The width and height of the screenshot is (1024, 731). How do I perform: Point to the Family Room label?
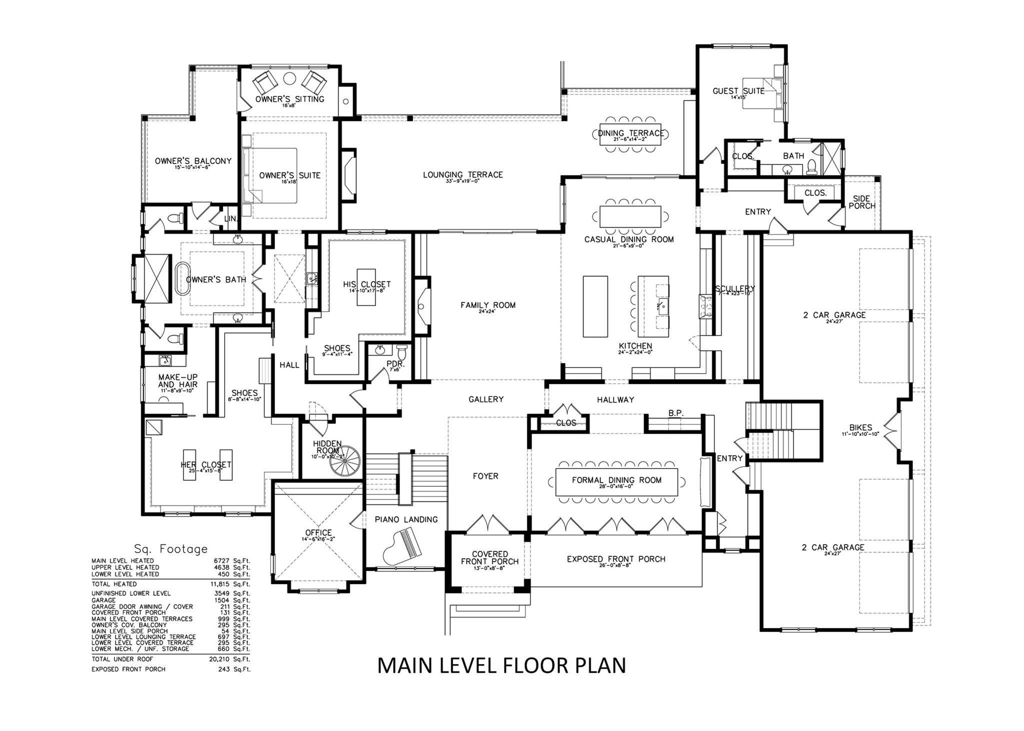[x=487, y=305]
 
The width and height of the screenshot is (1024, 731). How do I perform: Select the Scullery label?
[x=734, y=289]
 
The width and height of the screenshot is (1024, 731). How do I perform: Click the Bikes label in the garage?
[x=860, y=428]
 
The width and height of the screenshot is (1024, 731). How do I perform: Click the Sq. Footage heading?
[x=170, y=549]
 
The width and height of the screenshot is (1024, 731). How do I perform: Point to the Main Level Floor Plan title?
[x=501, y=665]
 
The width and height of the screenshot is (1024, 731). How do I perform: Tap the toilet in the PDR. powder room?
[x=401, y=350]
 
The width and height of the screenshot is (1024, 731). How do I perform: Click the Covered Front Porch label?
[x=489, y=558]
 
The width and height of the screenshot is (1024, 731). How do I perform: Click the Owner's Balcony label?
[x=193, y=161]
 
